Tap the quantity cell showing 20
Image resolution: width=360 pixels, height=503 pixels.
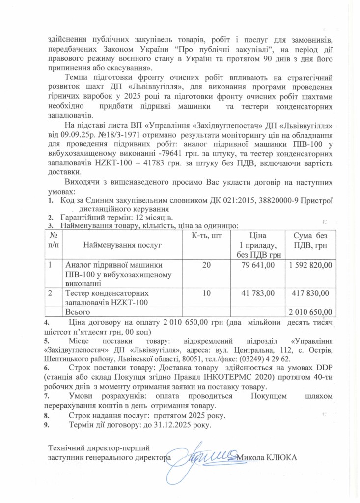click(206, 265)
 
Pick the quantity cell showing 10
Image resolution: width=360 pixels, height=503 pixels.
click(206, 293)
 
